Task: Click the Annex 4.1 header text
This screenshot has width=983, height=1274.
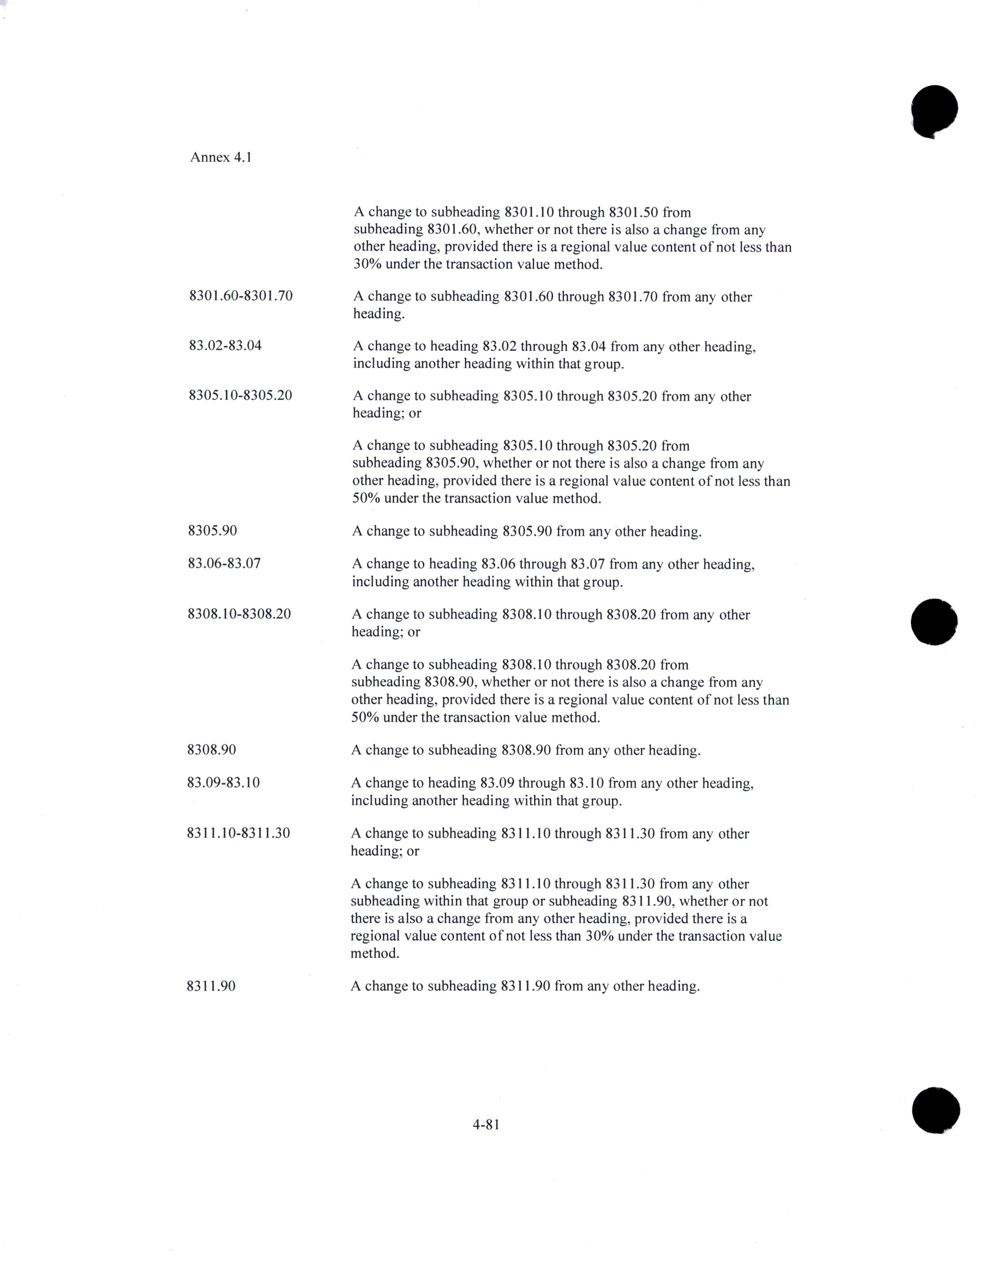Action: coord(220,158)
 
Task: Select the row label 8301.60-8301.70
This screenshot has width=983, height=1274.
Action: coord(241,296)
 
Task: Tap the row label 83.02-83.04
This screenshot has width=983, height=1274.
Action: coord(225,345)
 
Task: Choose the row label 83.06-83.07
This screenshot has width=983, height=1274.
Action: coord(224,563)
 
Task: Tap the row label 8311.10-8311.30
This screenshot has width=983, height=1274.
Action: coord(238,833)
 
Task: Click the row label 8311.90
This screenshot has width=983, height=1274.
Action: coord(211,986)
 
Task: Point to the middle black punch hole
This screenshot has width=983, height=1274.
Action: coord(933,621)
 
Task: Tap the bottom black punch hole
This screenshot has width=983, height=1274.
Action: coord(935,1110)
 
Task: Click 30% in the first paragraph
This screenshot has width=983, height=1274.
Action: coord(365,264)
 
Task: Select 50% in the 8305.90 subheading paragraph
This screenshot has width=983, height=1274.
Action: coord(363,498)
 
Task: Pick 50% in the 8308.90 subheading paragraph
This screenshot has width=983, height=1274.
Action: coord(362,717)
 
